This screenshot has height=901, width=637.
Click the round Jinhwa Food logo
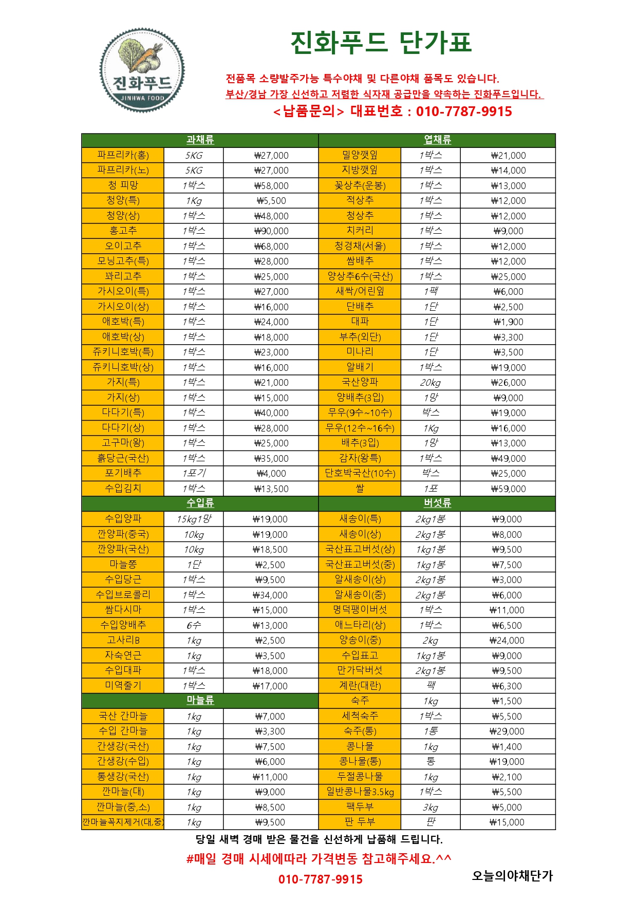pyautogui.click(x=142, y=70)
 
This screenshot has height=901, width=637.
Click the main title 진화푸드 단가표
pyautogui.click(x=381, y=43)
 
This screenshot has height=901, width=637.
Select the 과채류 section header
pyautogui.click(x=200, y=140)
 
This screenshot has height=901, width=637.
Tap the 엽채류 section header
pyautogui.click(x=437, y=140)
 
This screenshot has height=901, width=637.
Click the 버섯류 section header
pyautogui.click(x=437, y=503)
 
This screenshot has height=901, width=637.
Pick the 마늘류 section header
pyautogui.click(x=200, y=701)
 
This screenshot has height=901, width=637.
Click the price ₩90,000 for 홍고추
pyautogui.click(x=271, y=231)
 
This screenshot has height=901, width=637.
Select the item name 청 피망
pyautogui.click(x=123, y=185)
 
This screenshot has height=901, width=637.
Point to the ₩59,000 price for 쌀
pyautogui.click(x=508, y=489)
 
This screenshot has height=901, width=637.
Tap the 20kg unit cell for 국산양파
pyautogui.click(x=430, y=383)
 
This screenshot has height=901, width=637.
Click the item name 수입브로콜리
pyautogui.click(x=123, y=595)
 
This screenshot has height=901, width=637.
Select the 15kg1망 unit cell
pyautogui.click(x=194, y=519)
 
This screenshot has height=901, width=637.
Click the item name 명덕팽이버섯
pyautogui.click(x=360, y=610)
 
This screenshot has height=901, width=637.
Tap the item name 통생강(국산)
pyautogui.click(x=123, y=777)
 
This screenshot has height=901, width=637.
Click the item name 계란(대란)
pyautogui.click(x=360, y=686)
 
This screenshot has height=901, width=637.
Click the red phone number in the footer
pyautogui.click(x=321, y=879)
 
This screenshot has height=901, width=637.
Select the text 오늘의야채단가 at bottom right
pyautogui.click(x=512, y=876)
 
